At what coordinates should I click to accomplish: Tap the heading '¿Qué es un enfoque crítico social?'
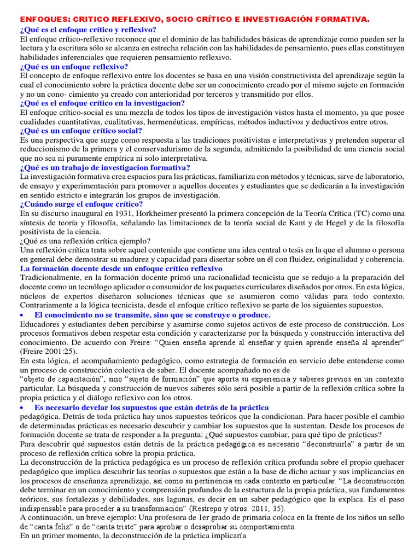pos(81,131)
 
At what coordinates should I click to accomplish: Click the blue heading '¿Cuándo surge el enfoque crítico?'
pos(81,204)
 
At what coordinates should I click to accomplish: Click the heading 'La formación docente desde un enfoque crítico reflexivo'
pos(121,269)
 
